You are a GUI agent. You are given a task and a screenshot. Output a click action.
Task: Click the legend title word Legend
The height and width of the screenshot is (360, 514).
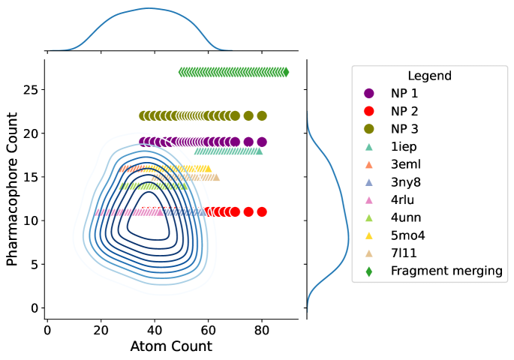coord(429,76)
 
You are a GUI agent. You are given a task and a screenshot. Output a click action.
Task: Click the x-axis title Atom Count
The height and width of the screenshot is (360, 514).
coord(171,346)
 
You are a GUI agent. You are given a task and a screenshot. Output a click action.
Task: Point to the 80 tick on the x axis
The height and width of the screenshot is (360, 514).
coord(262,329)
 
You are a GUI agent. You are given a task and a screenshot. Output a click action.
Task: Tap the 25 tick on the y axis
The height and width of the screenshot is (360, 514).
coord(28,90)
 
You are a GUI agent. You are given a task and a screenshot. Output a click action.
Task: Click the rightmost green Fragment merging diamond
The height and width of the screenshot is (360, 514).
coord(286,72)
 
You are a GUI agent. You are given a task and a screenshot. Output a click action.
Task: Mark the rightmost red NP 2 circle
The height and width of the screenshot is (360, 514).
coord(262,211)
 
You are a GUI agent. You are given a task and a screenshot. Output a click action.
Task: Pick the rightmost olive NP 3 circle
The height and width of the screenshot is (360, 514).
coord(262,115)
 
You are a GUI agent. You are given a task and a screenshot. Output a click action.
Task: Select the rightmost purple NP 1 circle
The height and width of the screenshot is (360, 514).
coord(262,142)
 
